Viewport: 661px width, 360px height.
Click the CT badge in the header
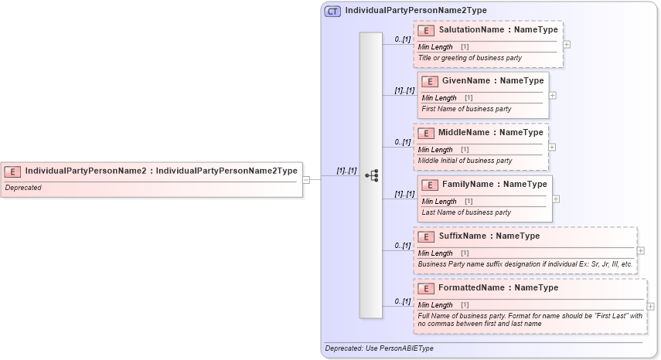[x=333, y=11]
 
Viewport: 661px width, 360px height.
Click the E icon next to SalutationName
[x=426, y=30]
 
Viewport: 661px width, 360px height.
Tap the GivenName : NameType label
[x=492, y=80]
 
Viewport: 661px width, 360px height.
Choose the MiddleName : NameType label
[x=490, y=132]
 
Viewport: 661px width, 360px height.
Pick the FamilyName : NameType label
[x=494, y=184]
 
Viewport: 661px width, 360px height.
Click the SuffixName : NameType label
[x=489, y=236]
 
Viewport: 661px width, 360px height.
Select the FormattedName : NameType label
[x=498, y=287]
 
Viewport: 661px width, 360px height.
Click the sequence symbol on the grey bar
[x=371, y=175]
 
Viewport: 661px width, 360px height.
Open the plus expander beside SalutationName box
[x=567, y=44]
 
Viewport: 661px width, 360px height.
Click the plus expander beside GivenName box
[x=552, y=95]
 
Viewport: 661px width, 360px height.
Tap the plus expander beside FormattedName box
[x=650, y=307]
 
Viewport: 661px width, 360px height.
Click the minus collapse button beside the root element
[x=306, y=180]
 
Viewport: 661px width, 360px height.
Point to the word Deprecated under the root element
[x=23, y=188]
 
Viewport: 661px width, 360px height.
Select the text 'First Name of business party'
[x=465, y=109]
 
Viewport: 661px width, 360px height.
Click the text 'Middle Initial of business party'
[x=465, y=161]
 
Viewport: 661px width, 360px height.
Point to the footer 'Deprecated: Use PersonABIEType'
[x=379, y=348]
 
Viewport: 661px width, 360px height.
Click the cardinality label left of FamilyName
[x=404, y=194]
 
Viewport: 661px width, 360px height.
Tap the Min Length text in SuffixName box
[x=435, y=253]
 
